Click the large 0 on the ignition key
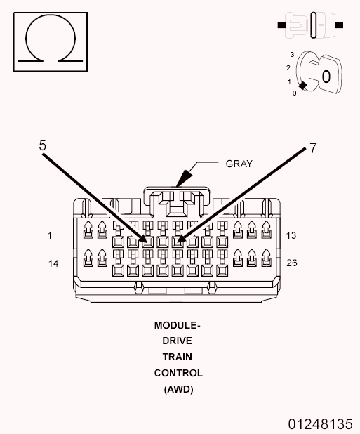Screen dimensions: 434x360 [x=326, y=75]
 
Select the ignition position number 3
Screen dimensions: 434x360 [x=292, y=54]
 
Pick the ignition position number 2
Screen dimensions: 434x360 [x=288, y=67]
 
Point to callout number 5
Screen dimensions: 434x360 [x=43, y=145]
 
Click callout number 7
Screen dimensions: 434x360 [x=313, y=148]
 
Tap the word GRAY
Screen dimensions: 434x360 [x=239, y=164]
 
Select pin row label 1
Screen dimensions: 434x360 [x=50, y=236]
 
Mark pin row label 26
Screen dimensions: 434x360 [x=293, y=263]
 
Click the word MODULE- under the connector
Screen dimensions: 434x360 [x=178, y=326]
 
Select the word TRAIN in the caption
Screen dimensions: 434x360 [x=178, y=357]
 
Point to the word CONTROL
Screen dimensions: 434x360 [x=178, y=373]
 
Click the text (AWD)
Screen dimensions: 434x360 [x=178, y=388]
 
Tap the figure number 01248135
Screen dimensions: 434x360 [x=320, y=424]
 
